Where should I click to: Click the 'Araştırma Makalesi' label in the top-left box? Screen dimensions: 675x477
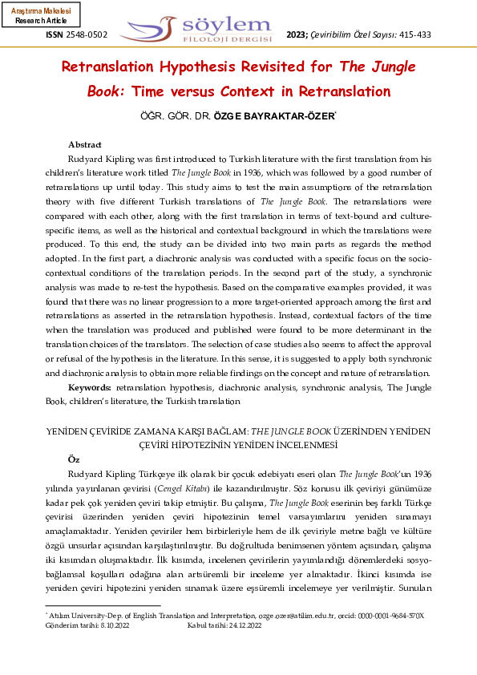tap(41, 11)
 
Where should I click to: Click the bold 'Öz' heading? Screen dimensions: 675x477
tap(74, 459)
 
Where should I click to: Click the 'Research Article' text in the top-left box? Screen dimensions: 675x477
tap(41, 21)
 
